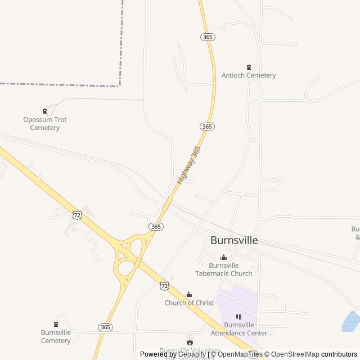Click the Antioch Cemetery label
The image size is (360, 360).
click(249, 75)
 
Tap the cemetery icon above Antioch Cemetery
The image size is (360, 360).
click(249, 67)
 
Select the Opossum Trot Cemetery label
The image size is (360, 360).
click(45, 124)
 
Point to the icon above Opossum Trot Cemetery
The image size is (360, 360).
click(45, 111)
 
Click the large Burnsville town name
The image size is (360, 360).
click(234, 240)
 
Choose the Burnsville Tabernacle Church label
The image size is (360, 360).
click(224, 269)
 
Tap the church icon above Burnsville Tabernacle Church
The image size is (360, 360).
click(224, 258)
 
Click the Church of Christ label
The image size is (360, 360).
click(189, 303)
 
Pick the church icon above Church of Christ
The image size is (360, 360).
click(189, 294)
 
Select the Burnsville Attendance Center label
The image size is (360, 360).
click(238, 329)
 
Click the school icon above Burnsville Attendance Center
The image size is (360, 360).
click(238, 317)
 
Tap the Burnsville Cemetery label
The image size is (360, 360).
click(56, 336)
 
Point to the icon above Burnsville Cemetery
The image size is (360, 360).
click(56, 324)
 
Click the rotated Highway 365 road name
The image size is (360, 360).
click(189, 165)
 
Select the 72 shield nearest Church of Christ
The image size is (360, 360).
click(164, 286)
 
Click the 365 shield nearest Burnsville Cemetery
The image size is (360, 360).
click(105, 327)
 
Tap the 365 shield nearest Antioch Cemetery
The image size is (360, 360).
click(207, 37)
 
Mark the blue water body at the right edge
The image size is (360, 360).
click(352, 322)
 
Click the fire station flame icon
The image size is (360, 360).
click(190, 341)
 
